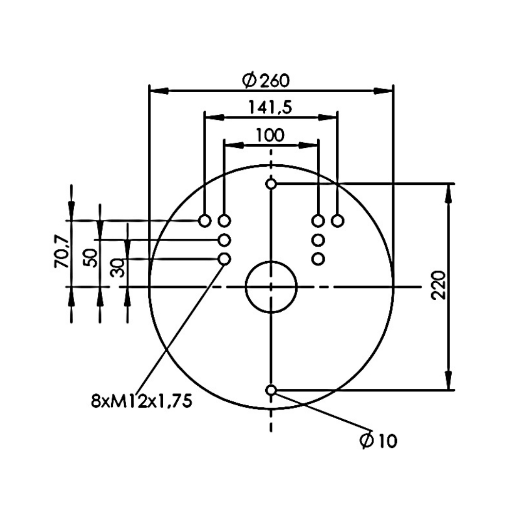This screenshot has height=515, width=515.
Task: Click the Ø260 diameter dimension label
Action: (x=266, y=81)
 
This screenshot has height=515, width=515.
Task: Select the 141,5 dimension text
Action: (x=270, y=107)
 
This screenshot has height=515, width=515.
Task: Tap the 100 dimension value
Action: (x=270, y=135)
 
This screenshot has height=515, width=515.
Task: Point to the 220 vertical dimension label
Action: (x=439, y=285)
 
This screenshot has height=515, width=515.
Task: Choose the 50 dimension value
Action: (x=91, y=258)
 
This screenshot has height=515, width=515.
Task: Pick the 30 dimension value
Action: (x=117, y=268)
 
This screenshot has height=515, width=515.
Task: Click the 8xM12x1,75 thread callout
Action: (x=141, y=401)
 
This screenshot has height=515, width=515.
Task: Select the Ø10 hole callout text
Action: (x=379, y=440)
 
